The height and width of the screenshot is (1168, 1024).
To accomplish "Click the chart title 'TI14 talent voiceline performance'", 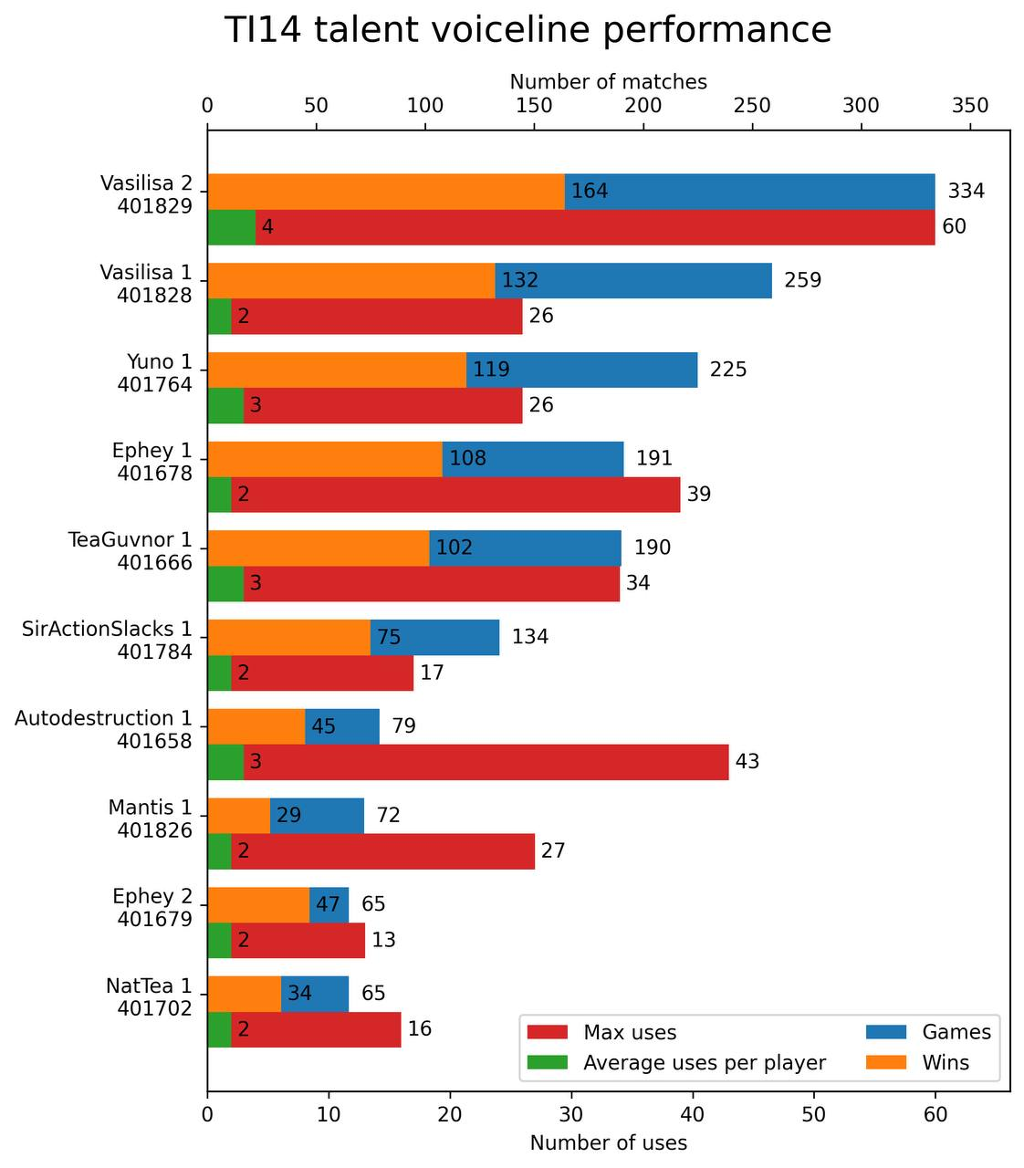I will pos(528,31).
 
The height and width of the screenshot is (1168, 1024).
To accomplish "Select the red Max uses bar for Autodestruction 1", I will pos(486,762).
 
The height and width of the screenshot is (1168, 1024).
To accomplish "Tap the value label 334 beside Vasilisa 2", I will pos(967,192).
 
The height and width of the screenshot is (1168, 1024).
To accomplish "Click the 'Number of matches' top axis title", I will pos(608,82).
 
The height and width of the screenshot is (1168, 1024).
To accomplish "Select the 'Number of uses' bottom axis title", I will pos(608,1142).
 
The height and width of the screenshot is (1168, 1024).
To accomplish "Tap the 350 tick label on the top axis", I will pos(970,106).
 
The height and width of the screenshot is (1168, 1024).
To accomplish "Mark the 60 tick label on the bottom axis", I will pos(935,1115).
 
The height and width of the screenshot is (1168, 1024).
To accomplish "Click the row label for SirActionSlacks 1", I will pos(108,640).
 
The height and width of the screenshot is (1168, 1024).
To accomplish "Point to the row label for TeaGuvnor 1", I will pos(130,550).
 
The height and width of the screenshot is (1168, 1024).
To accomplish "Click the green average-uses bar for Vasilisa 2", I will pos(231,227).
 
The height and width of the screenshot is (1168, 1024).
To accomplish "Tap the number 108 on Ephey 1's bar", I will pos(467,459).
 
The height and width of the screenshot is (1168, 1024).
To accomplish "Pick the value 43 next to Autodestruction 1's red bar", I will pos(747,762).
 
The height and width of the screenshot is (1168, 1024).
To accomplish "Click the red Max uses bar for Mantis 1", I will pos(382,851).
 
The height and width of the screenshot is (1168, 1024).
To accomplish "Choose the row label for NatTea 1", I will pos(149,996).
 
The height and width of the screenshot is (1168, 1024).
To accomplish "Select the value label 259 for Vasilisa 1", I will pos(803,281).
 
